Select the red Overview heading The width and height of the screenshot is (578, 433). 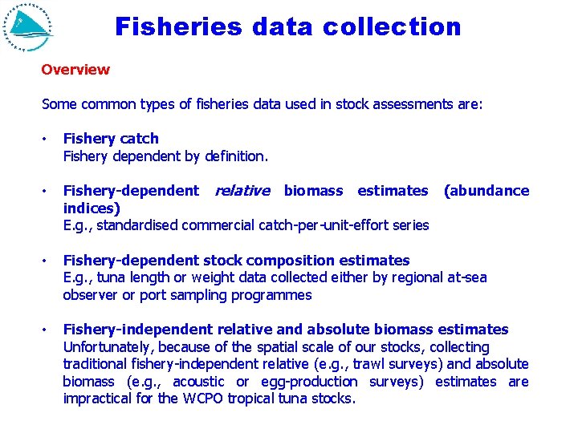click(75, 70)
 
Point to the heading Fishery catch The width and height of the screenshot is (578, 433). click(111, 139)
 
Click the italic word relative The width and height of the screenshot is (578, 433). click(242, 191)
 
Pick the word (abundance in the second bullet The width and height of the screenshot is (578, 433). click(486, 191)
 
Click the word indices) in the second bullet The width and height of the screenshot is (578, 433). click(92, 208)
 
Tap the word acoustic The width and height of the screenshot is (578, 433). click(198, 382)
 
